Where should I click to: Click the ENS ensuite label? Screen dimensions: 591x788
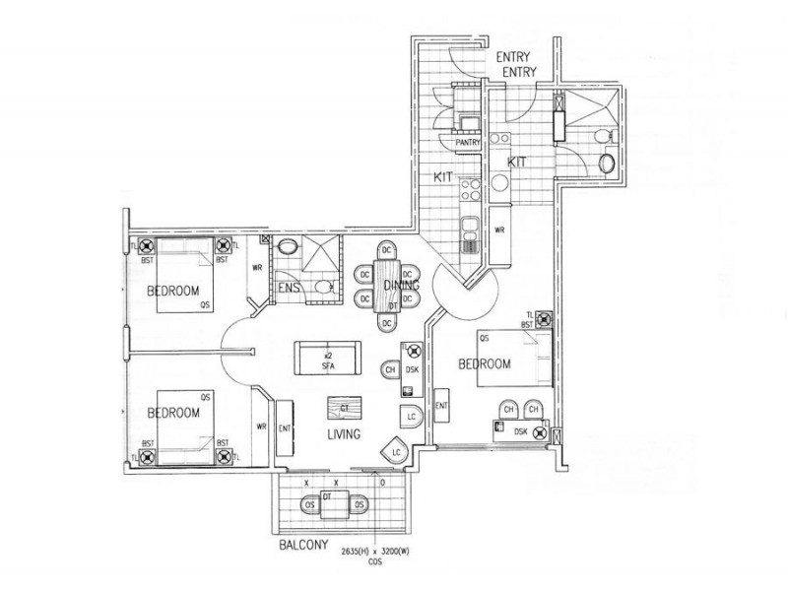point(288,287)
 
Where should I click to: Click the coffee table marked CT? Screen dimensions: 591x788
point(345,407)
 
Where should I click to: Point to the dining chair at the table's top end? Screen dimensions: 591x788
point(388,251)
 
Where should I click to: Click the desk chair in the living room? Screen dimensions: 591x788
point(390,369)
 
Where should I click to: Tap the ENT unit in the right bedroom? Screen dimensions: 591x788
point(441,405)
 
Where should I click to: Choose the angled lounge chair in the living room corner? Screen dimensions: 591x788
point(395,450)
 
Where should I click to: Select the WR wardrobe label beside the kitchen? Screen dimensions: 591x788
point(500,230)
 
